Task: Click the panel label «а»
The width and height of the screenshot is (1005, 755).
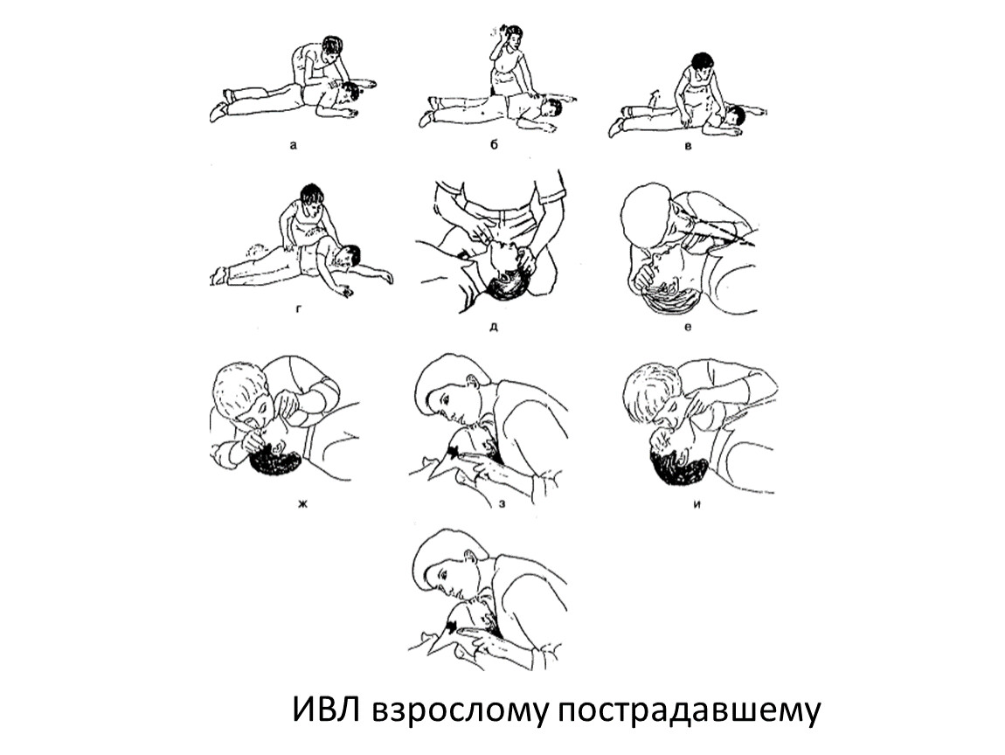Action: [x=294, y=145]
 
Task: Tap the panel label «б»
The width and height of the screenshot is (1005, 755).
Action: [x=494, y=145]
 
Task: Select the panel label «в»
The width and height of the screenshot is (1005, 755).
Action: [x=689, y=146]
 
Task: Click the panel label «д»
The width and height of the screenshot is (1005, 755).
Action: [x=494, y=327]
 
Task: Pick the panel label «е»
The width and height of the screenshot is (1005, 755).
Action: [x=689, y=327]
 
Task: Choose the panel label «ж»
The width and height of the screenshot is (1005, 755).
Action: [x=302, y=503]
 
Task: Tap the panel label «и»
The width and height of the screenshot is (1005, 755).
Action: [x=697, y=503]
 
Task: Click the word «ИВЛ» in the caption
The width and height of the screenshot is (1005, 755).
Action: [x=326, y=710]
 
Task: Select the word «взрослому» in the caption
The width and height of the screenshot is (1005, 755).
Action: [x=458, y=713]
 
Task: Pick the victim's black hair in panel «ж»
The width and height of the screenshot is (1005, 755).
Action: [x=275, y=461]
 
